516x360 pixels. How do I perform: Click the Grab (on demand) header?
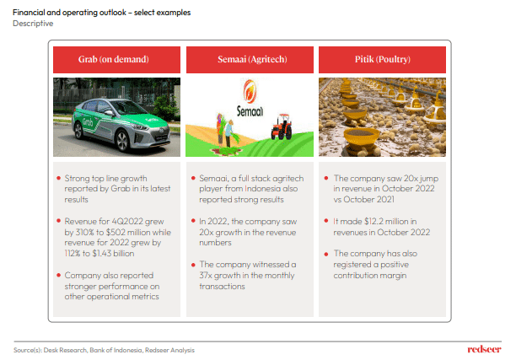116,60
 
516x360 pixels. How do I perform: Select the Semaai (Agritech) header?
250,60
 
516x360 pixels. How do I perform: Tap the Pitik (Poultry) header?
382,60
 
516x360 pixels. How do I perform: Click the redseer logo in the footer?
484,349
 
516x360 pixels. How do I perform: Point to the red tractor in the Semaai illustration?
282,126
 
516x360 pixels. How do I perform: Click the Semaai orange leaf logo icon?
250,91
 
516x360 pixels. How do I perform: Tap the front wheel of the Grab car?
122,141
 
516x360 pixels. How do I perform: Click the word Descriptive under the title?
33,24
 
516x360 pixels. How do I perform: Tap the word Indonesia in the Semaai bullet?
262,189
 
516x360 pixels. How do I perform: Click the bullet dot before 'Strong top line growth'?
58,179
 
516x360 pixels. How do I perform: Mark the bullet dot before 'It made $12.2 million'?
326,221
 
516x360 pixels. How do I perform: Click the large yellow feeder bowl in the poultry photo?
361,135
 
